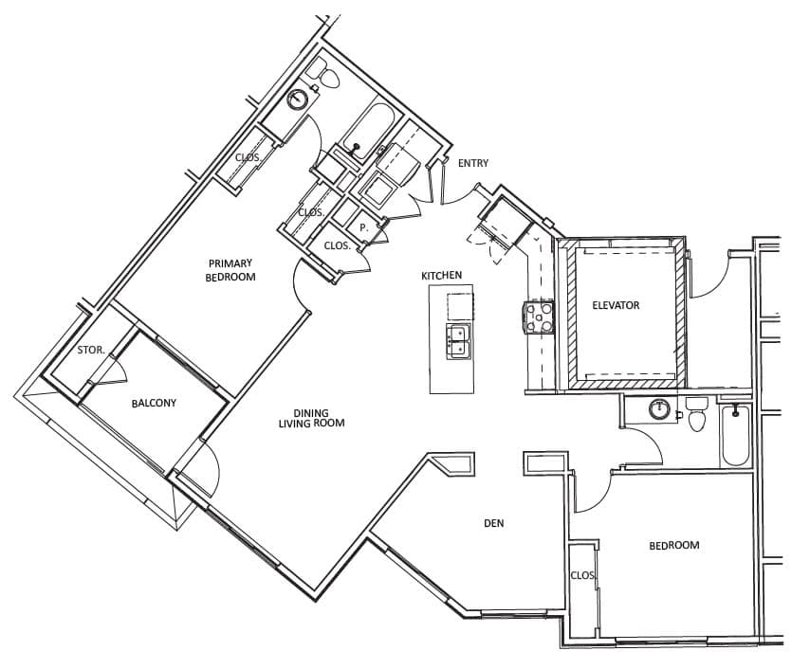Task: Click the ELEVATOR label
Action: (616, 305)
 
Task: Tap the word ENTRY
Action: (472, 163)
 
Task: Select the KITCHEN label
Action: (442, 276)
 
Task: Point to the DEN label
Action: (494, 523)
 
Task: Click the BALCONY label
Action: (154, 403)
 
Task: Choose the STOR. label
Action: (91, 350)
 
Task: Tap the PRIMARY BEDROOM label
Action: (230, 270)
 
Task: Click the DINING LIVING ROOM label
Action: (311, 418)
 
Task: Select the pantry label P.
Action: (363, 227)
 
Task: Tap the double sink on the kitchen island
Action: (459, 342)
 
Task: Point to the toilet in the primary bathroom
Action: (324, 76)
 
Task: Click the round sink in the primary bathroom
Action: (298, 99)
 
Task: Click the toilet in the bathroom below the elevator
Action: (696, 413)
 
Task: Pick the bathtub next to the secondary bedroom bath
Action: (736, 434)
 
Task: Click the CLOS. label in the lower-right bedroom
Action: (583, 575)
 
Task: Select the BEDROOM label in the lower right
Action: (674, 545)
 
